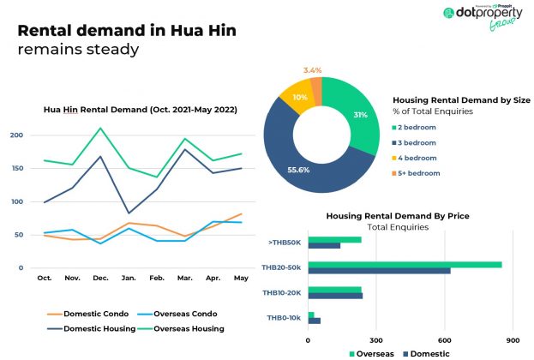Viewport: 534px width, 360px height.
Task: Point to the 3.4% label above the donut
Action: pyautogui.click(x=313, y=69)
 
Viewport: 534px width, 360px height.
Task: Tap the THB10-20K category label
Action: pyautogui.click(x=280, y=293)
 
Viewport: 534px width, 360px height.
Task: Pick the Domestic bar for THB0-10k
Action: pyautogui.click(x=314, y=321)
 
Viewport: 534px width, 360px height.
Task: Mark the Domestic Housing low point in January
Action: pyautogui.click(x=129, y=213)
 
